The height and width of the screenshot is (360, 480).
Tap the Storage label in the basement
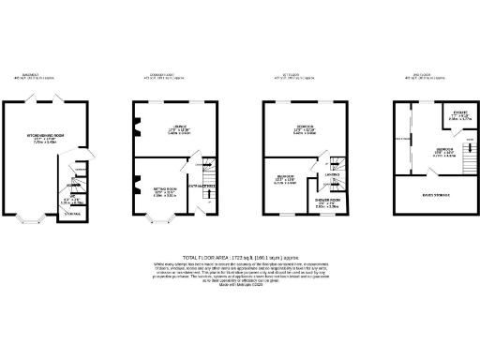[70, 216]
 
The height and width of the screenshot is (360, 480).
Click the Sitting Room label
[165, 190]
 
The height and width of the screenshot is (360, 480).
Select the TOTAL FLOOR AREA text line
[239, 256]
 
